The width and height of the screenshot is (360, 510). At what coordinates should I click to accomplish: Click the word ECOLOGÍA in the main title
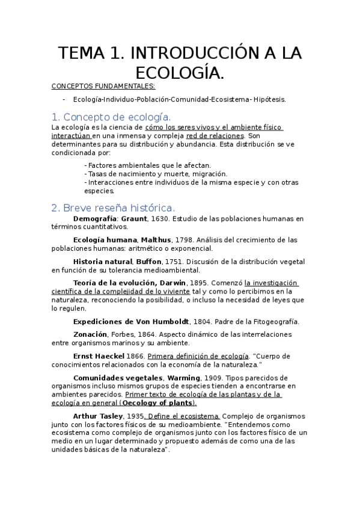coord(180,73)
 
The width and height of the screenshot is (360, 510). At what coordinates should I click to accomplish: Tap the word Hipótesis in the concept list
coord(269,99)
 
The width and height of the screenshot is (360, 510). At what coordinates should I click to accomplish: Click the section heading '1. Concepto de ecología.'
coord(111,117)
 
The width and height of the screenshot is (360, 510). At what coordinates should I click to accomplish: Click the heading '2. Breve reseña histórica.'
coord(113,207)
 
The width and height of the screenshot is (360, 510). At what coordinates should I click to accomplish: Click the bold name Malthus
coord(156,240)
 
